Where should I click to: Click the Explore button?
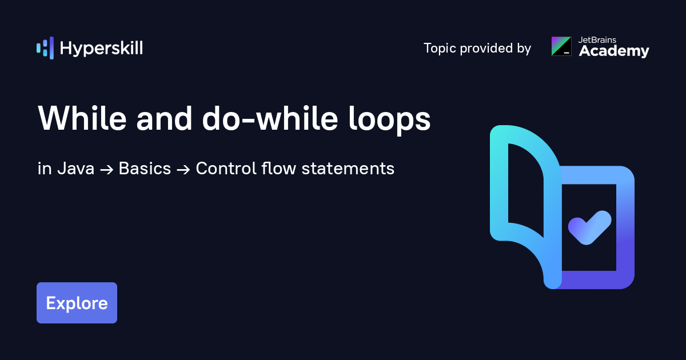pos(77,303)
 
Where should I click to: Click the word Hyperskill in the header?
pos(101,48)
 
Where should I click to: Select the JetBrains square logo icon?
pos(561,46)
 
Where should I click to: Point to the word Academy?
pos(614,51)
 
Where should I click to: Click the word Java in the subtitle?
pos(75,169)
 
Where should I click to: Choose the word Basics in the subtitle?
pos(145,169)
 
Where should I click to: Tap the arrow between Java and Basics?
pos(106,169)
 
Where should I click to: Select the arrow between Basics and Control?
pos(183,169)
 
